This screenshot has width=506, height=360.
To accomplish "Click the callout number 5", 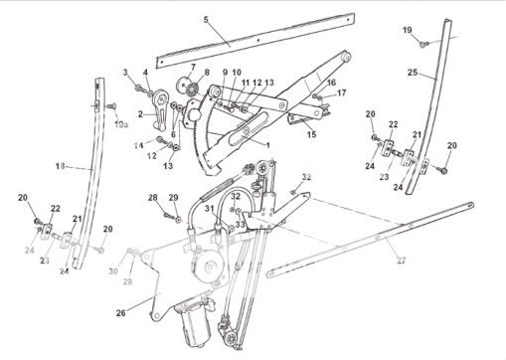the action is [x=206, y=20].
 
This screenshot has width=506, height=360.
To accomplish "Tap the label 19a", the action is [x=121, y=124].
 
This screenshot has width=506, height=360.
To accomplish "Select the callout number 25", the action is [x=413, y=72].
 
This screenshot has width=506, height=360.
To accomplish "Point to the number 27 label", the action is [x=402, y=261].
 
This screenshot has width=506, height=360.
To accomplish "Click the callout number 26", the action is [x=121, y=313].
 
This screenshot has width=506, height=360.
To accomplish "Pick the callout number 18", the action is [x=61, y=166].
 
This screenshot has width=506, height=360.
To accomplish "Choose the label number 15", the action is [x=311, y=134].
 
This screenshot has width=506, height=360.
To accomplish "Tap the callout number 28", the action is [x=153, y=198].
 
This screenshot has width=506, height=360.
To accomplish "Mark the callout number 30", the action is [x=113, y=271].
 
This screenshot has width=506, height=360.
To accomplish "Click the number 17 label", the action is [x=342, y=92].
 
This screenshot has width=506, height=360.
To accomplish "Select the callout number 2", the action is [x=140, y=114].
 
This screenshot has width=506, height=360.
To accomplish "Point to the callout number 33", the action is [x=241, y=225].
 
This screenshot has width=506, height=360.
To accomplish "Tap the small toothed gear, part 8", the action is [x=192, y=90].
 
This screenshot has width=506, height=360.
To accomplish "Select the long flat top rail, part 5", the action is [x=255, y=41].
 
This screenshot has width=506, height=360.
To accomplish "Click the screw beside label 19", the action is [x=423, y=44].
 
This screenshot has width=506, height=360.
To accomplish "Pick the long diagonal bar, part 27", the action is [x=371, y=240].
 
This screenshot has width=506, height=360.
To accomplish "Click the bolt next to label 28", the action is [x=169, y=216].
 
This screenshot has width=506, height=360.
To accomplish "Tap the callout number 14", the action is [x=139, y=145].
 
